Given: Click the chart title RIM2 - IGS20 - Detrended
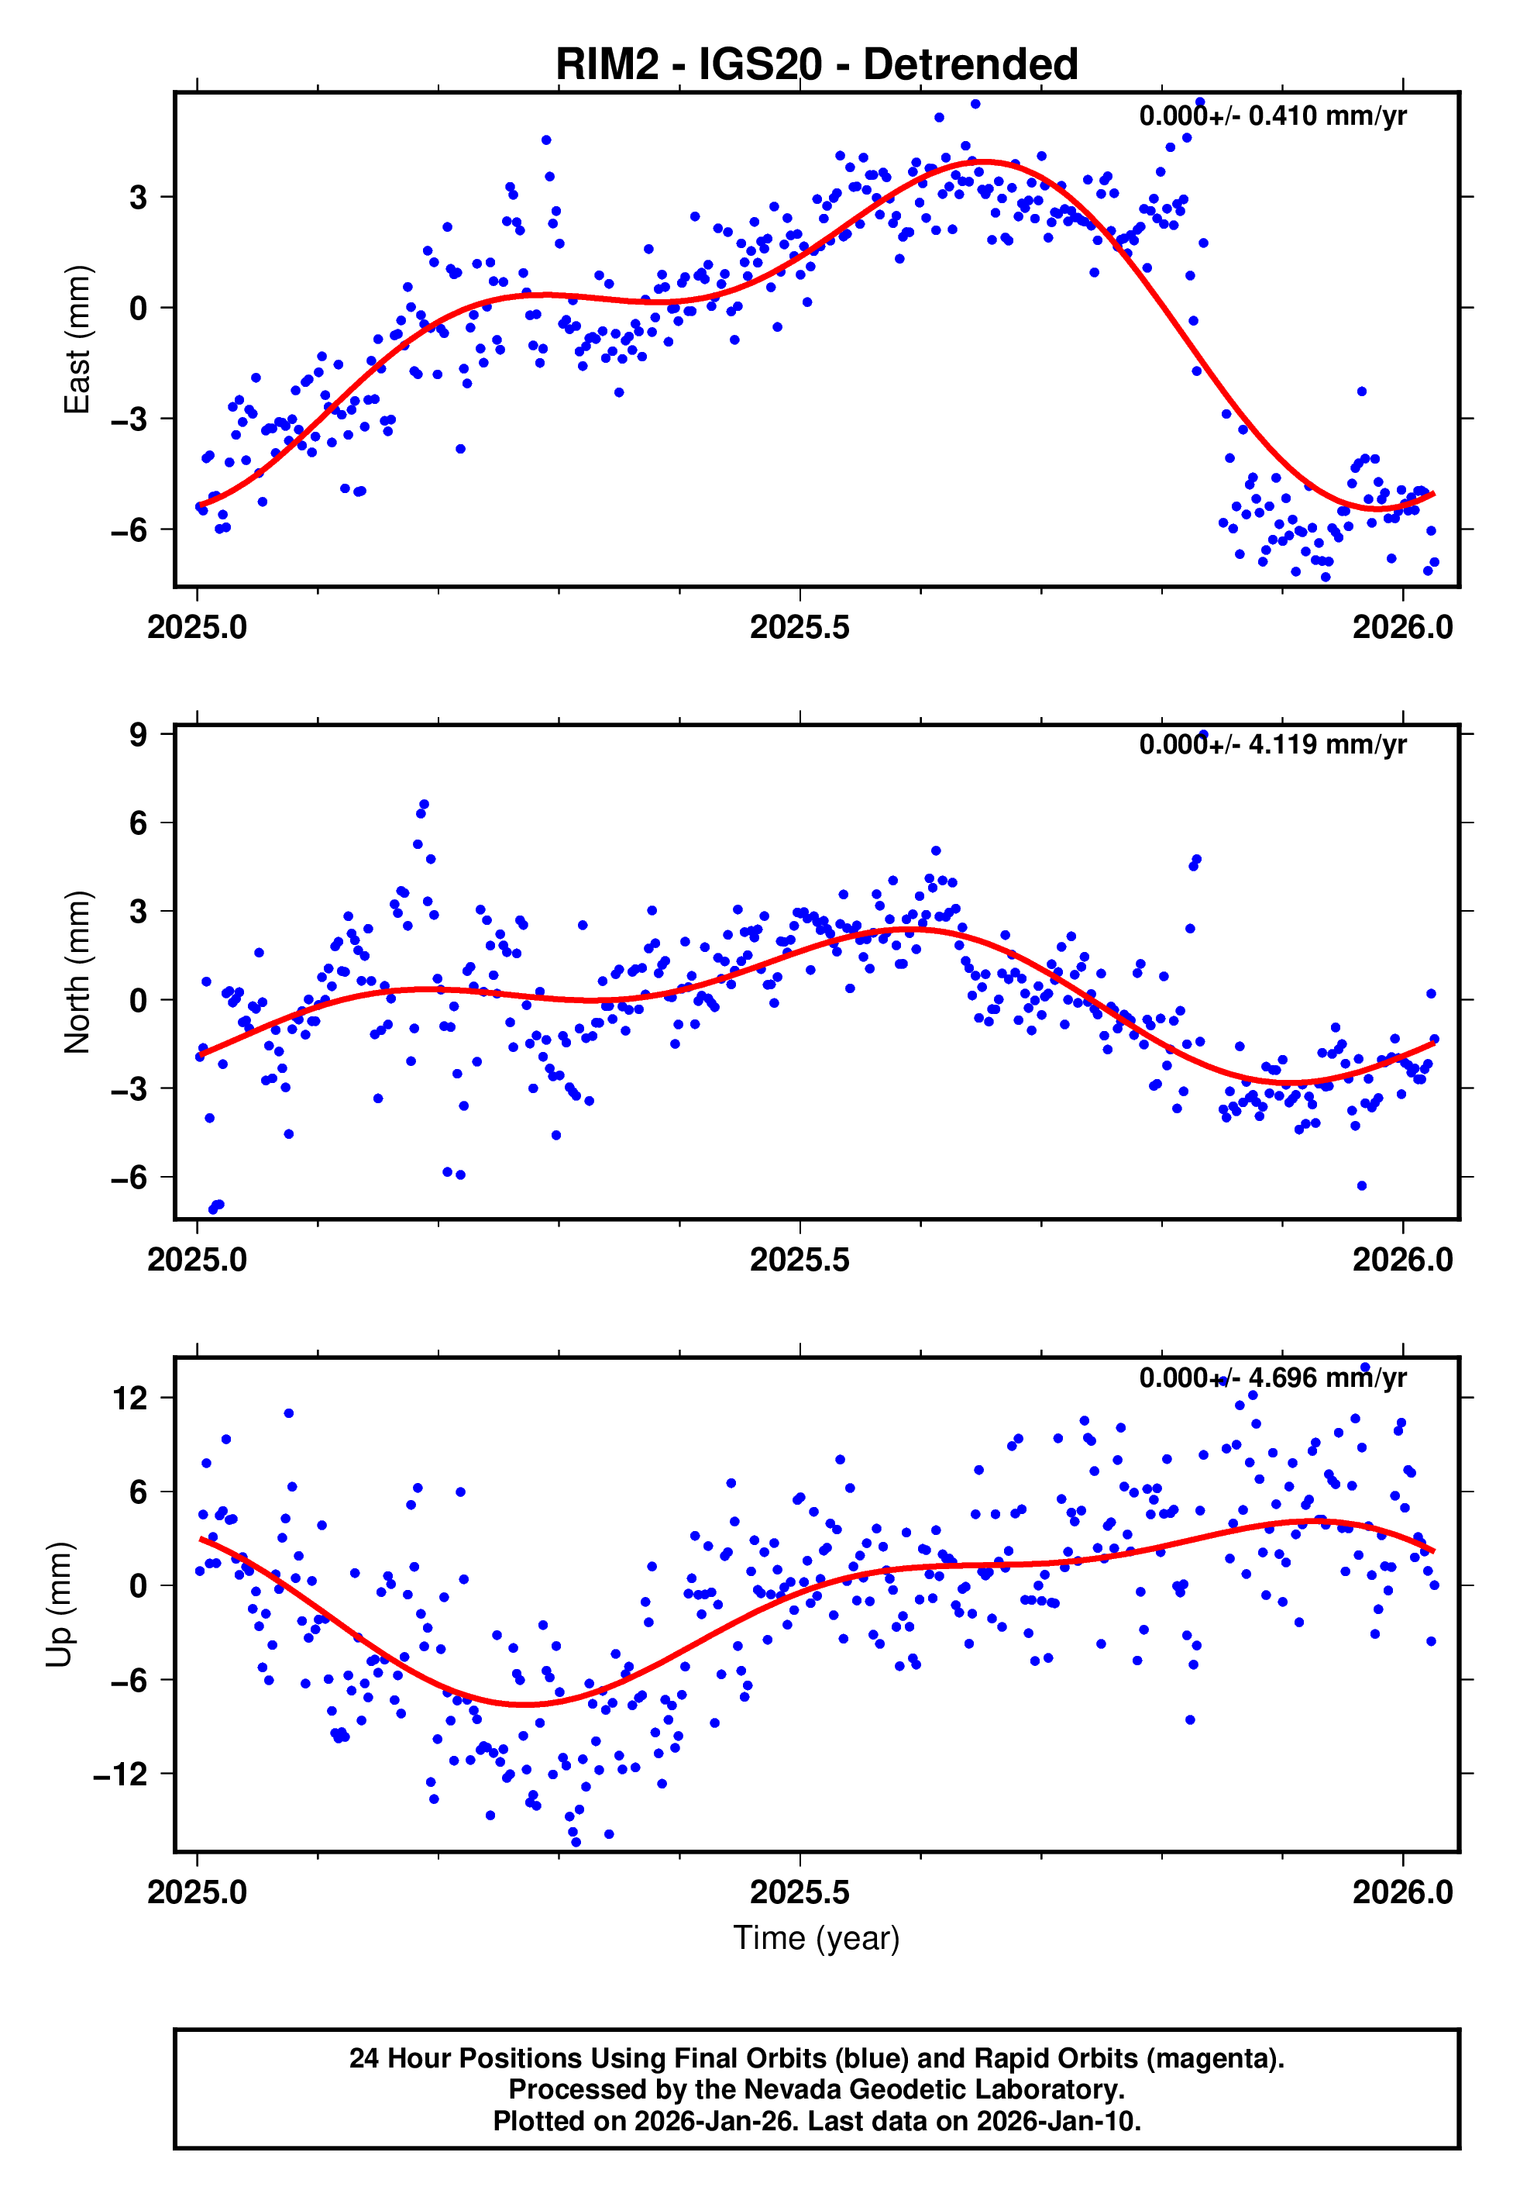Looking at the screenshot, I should click(817, 65).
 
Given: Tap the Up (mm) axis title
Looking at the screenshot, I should click(59, 1605).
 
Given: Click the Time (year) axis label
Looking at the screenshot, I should click(817, 1938).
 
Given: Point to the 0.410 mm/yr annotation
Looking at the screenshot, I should click(1326, 116).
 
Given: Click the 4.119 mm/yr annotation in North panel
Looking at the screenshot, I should click(1326, 744).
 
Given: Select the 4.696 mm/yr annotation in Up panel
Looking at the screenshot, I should click(1326, 1378).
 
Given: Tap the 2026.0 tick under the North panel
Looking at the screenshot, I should click(1402, 1261).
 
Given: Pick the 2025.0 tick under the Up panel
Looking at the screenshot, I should click(197, 1892).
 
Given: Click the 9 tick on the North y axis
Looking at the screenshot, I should click(139, 735).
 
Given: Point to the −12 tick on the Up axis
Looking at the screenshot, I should click(121, 1774).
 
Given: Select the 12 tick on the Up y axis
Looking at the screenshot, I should click(129, 1398).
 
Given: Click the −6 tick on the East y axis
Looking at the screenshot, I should click(129, 529).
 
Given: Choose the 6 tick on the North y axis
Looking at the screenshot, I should click(139, 823).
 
